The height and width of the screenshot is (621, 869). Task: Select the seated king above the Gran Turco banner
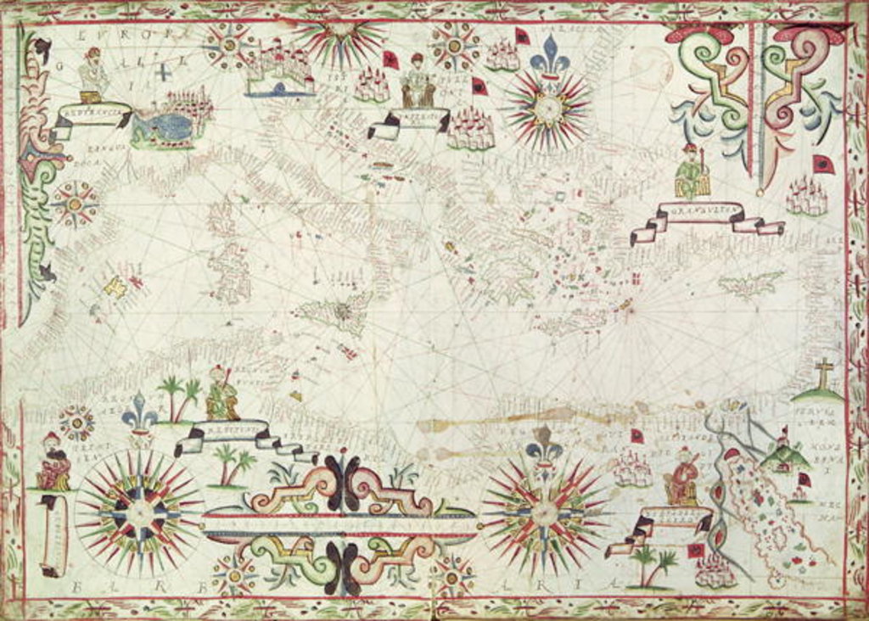(692, 172)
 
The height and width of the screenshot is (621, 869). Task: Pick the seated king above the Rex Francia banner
(93, 75)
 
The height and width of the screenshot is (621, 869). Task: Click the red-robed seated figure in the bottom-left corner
(53, 463)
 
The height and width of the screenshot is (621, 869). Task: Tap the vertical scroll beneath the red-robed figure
(53, 534)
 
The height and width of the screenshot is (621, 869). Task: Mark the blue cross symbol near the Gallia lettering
(164, 72)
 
